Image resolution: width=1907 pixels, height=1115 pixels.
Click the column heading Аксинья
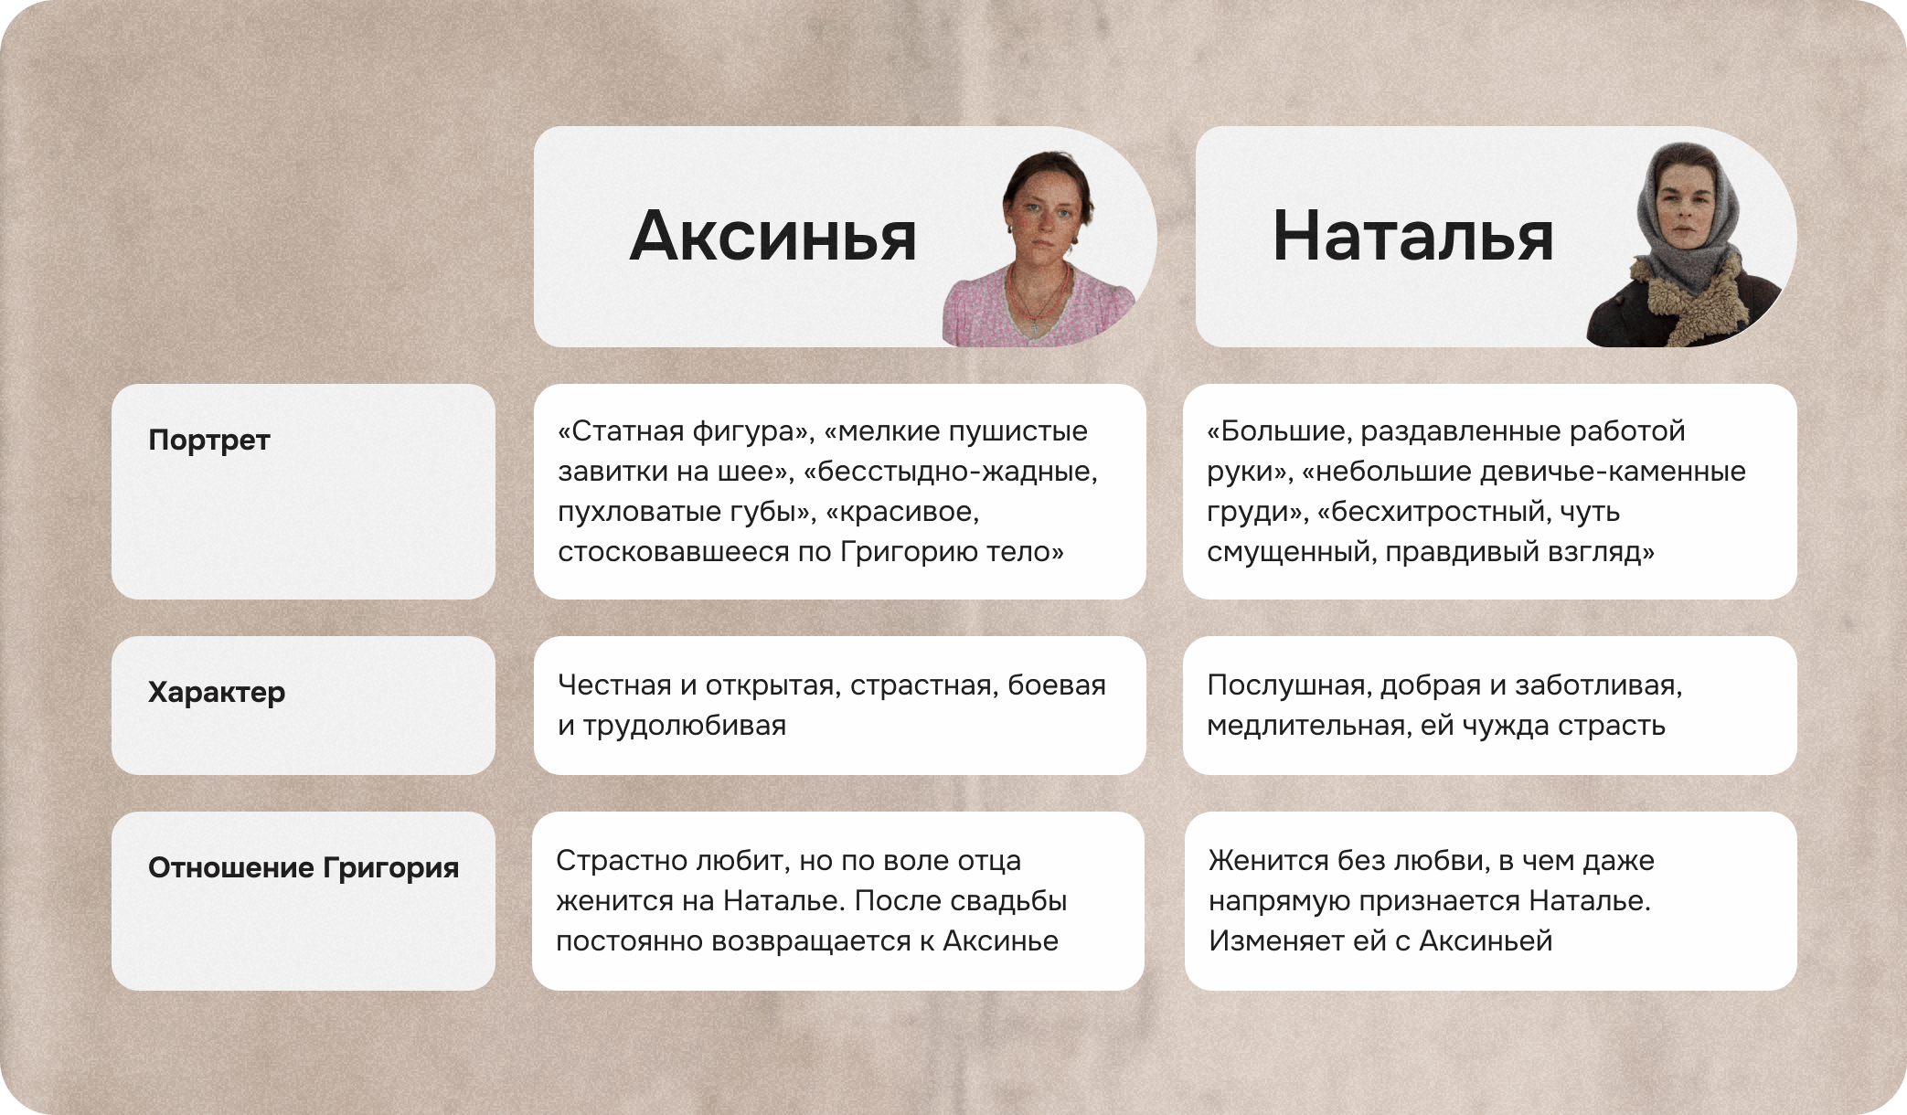(x=772, y=237)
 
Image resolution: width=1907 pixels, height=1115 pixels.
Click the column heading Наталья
(x=1412, y=237)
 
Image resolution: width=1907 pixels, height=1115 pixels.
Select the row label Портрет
(x=209, y=440)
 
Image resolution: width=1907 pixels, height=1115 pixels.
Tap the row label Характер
(x=217, y=692)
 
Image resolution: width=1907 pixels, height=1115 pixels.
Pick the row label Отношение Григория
(x=304, y=867)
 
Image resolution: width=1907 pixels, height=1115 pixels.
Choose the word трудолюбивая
(x=685, y=726)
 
